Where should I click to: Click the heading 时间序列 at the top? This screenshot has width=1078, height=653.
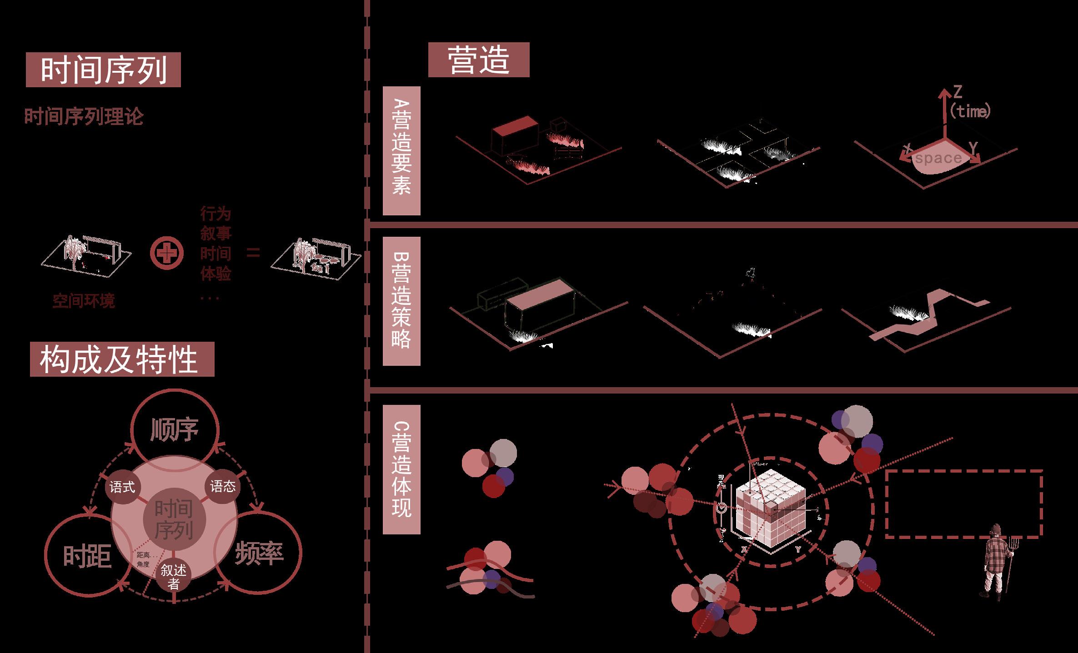point(103,70)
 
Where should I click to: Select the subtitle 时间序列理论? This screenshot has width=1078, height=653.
point(84,117)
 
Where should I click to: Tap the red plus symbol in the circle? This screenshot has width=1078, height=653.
point(167,253)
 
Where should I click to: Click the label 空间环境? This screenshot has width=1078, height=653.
point(84,301)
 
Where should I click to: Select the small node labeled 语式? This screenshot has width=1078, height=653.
point(122,487)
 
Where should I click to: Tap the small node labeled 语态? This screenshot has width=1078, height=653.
point(223,487)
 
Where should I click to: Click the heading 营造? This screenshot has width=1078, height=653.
point(478,60)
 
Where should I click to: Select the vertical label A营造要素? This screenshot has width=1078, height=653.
point(401,150)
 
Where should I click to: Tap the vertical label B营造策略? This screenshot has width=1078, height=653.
point(401,301)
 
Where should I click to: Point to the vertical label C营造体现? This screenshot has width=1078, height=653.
point(401,469)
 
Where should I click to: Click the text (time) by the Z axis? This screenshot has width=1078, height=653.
point(970,111)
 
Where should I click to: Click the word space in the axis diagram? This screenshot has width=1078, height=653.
point(938,158)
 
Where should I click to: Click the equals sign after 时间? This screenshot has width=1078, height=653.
point(253,253)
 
